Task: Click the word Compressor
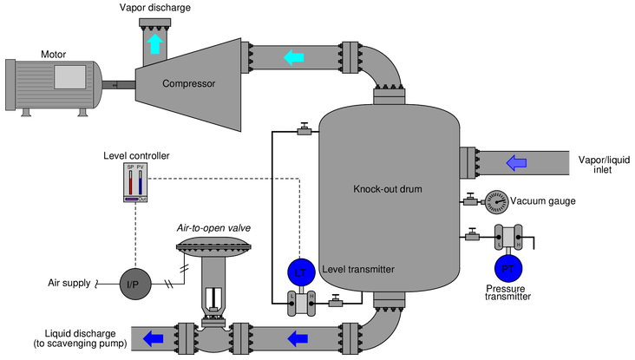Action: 188,84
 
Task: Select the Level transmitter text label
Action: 358,270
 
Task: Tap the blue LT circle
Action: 300,272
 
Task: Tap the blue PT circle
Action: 507,269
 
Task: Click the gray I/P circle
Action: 134,285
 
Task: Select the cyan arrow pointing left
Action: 295,58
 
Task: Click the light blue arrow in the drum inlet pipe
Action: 516,162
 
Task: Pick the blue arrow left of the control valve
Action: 154,337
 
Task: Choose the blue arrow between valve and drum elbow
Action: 298,337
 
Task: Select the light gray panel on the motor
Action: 69,77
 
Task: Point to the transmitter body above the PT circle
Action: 507,236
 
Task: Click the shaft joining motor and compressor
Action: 121,84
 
